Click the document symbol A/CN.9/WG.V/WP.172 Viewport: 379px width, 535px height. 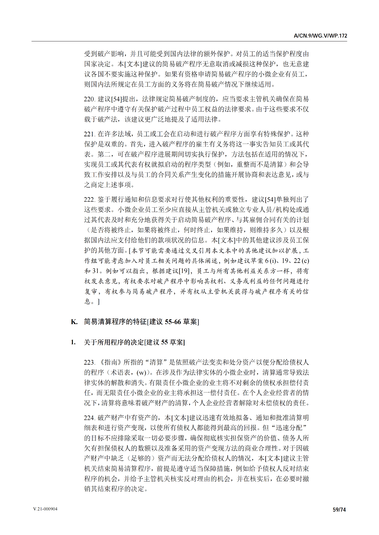[320, 36]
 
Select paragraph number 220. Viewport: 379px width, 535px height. [89, 99]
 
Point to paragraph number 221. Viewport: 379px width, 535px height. [89, 134]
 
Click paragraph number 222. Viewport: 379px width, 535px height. [89, 200]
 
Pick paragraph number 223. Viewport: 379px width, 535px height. [89, 363]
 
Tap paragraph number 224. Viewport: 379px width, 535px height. [89, 418]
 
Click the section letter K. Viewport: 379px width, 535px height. [74, 322]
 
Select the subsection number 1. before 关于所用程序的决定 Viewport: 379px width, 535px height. [73, 342]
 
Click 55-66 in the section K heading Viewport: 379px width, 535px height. [173, 322]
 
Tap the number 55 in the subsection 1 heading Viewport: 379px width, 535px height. [164, 342]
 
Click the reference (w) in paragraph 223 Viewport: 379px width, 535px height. [142, 373]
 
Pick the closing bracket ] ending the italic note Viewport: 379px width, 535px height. [99, 302]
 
